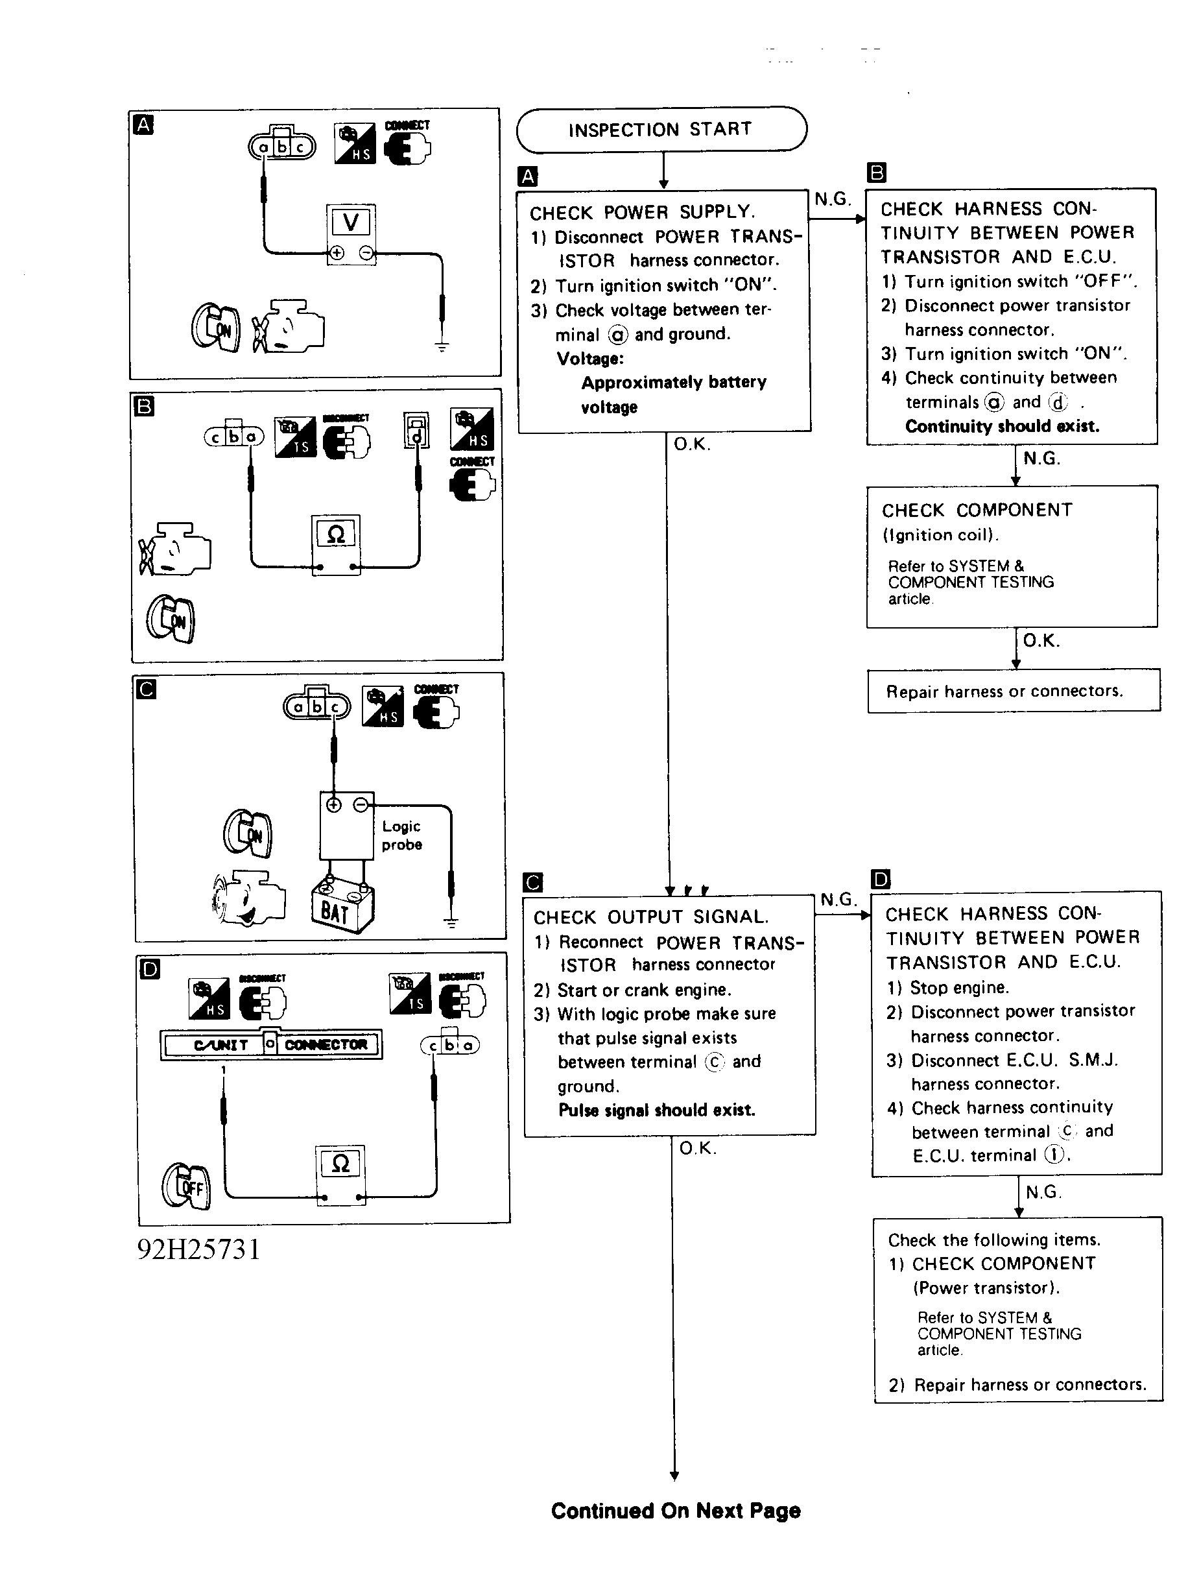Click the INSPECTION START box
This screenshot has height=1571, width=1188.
[661, 129]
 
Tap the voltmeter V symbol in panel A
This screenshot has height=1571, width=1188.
[351, 222]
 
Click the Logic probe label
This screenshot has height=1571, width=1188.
[401, 835]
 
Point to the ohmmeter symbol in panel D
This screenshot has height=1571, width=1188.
[341, 1164]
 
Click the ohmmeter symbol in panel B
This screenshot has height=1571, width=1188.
[336, 534]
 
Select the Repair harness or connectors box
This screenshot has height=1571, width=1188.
[1014, 690]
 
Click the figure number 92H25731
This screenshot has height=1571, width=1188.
[199, 1249]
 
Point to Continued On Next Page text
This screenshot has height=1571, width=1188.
[675, 1510]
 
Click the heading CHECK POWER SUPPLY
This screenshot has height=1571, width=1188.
[642, 212]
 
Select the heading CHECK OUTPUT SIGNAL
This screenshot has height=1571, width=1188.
[650, 917]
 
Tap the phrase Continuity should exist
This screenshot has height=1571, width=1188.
[1002, 426]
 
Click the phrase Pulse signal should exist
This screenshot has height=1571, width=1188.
[657, 1110]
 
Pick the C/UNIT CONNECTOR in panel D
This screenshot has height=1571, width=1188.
[271, 1044]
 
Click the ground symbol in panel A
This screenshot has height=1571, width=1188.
[442, 347]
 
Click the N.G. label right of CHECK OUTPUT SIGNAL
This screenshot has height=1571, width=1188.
[838, 899]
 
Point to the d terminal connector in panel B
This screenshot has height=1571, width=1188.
[417, 431]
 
